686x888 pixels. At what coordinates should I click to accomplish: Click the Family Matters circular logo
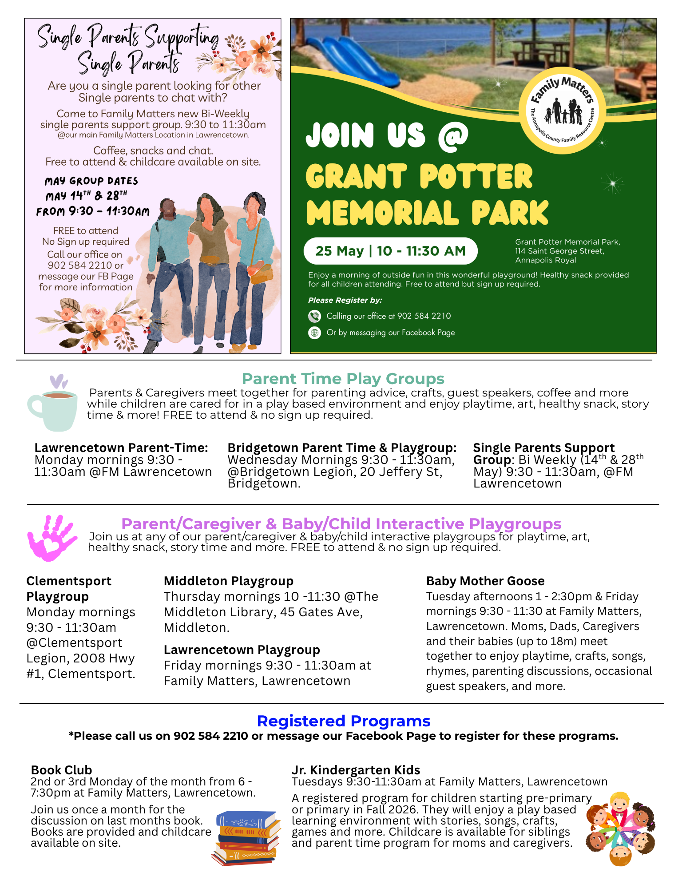pyautogui.click(x=563, y=111)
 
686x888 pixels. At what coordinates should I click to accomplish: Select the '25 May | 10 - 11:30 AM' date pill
pyautogui.click(x=390, y=251)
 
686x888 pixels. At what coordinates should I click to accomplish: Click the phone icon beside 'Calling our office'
pyautogui.click(x=314, y=316)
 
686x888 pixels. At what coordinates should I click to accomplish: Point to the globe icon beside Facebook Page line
pyautogui.click(x=314, y=333)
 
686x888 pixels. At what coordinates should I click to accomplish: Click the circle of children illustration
pyautogui.click(x=620, y=828)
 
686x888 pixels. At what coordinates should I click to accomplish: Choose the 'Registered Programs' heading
pyautogui.click(x=344, y=721)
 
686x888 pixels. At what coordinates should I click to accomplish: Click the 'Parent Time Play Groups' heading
pyautogui.click(x=343, y=379)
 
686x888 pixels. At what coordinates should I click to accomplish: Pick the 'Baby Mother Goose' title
pyautogui.click(x=485, y=581)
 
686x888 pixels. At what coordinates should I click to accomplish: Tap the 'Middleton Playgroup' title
pyautogui.click(x=229, y=581)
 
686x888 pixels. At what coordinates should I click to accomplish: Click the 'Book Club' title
pyautogui.click(x=61, y=770)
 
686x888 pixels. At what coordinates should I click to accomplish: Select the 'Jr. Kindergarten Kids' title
pyautogui.click(x=356, y=770)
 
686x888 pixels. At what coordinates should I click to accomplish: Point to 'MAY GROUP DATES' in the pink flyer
pyautogui.click(x=91, y=181)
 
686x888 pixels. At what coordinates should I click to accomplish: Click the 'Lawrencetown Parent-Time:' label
pyautogui.click(x=121, y=448)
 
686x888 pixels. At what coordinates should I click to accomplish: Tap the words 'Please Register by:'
pyautogui.click(x=345, y=300)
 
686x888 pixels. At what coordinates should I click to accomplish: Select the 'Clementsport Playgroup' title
pyautogui.click(x=69, y=588)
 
